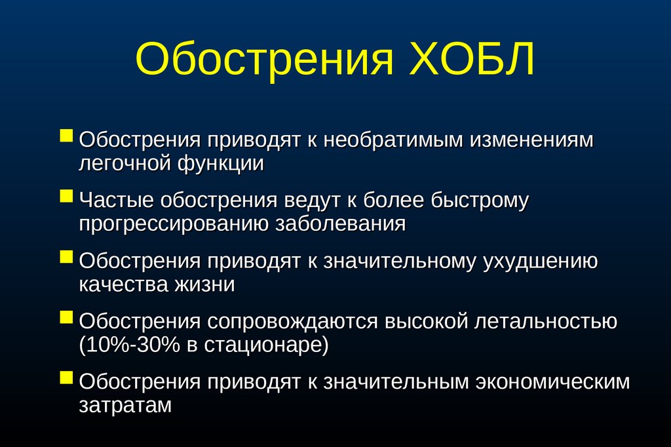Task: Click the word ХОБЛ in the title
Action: tap(472, 58)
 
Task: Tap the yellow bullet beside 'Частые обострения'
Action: tap(66, 196)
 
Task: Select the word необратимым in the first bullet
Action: tap(393, 140)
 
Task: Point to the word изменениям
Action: tap(532, 140)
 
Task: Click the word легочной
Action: tap(125, 164)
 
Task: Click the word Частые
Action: tap(116, 201)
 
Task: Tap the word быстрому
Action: tap(480, 201)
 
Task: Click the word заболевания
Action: tap(340, 224)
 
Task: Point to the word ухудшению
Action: tap(541, 261)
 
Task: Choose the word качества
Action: tap(124, 284)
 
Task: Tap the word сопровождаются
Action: tap(293, 322)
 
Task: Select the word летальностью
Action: tap(546, 322)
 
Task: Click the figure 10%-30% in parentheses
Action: tap(130, 345)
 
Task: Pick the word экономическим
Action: tap(553, 382)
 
